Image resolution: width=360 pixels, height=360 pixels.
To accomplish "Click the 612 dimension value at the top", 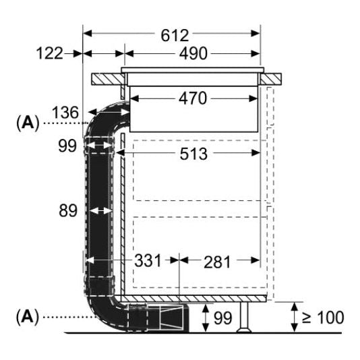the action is click(x=175, y=36).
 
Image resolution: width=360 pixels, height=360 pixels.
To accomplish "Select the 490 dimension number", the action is click(x=193, y=54).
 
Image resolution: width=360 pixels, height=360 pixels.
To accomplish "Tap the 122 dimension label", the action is click(x=50, y=53).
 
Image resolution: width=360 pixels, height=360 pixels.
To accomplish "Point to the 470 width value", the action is click(x=193, y=98).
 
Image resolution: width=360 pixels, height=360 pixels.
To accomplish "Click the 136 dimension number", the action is click(x=65, y=113).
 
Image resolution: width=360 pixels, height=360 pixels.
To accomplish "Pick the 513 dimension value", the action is click(x=193, y=154).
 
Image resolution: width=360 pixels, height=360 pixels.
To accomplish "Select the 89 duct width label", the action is click(x=68, y=211).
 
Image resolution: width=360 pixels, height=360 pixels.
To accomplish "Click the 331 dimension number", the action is click(x=148, y=261).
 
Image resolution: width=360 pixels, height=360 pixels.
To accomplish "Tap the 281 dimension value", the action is click(x=217, y=262).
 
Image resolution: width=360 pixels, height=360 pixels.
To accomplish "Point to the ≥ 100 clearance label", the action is click(x=323, y=318).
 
